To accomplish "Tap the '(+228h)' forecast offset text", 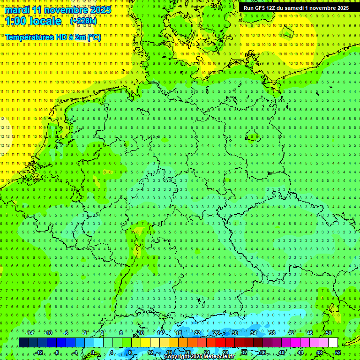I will click(x=83, y=21).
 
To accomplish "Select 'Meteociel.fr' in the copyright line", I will click(x=219, y=357).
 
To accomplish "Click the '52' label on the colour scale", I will click(x=337, y=352).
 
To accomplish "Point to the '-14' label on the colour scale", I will click(x=31, y=333).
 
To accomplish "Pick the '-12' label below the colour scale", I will click(x=39, y=352).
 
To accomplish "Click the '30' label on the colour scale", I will click(x=234, y=333).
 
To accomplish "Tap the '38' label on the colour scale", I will click(x=272, y=333).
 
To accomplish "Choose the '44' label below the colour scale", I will click(x=300, y=352).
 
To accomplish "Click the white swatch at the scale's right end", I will click(x=333, y=343).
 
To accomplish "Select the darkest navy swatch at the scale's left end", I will click(x=23, y=343).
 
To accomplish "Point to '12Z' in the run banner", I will click(x=272, y=8).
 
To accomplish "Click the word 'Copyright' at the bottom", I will click(x=177, y=357).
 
